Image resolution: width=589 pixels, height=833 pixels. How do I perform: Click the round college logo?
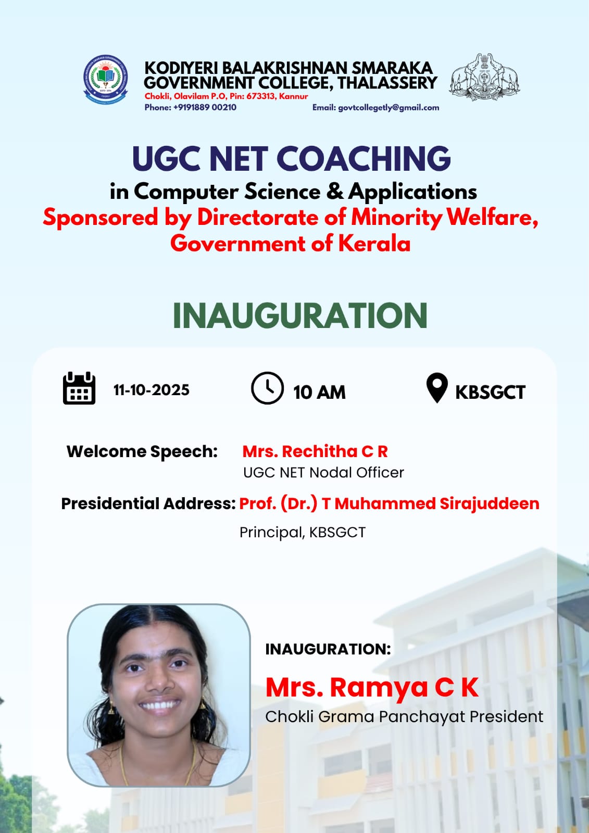(x=106, y=79)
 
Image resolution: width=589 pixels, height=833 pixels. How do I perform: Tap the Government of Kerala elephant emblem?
(x=484, y=78)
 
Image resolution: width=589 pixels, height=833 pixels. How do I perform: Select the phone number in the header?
(x=205, y=107)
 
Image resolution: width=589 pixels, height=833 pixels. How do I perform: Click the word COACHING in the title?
(x=364, y=159)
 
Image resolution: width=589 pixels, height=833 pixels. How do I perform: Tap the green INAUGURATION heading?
(x=300, y=315)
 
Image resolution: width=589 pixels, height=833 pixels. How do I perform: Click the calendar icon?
(x=79, y=388)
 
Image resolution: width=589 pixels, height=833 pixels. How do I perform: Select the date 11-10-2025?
(x=152, y=390)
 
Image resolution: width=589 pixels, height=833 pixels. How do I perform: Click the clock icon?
(x=268, y=388)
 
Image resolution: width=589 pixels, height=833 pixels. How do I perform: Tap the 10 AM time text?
(x=320, y=393)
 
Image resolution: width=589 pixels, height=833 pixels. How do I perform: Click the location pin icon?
(x=437, y=388)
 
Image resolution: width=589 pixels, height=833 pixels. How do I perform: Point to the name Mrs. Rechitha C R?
(x=315, y=451)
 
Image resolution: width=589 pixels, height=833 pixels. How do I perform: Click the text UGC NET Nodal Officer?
(x=324, y=473)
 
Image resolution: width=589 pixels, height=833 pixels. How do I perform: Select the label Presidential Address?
(x=148, y=504)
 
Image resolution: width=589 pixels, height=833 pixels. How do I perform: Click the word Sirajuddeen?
(x=490, y=504)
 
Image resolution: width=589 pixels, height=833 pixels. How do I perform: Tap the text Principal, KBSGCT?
(x=303, y=533)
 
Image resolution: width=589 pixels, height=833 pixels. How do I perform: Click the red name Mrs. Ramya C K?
(x=372, y=688)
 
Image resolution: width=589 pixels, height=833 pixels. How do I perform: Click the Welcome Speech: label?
(x=142, y=452)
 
